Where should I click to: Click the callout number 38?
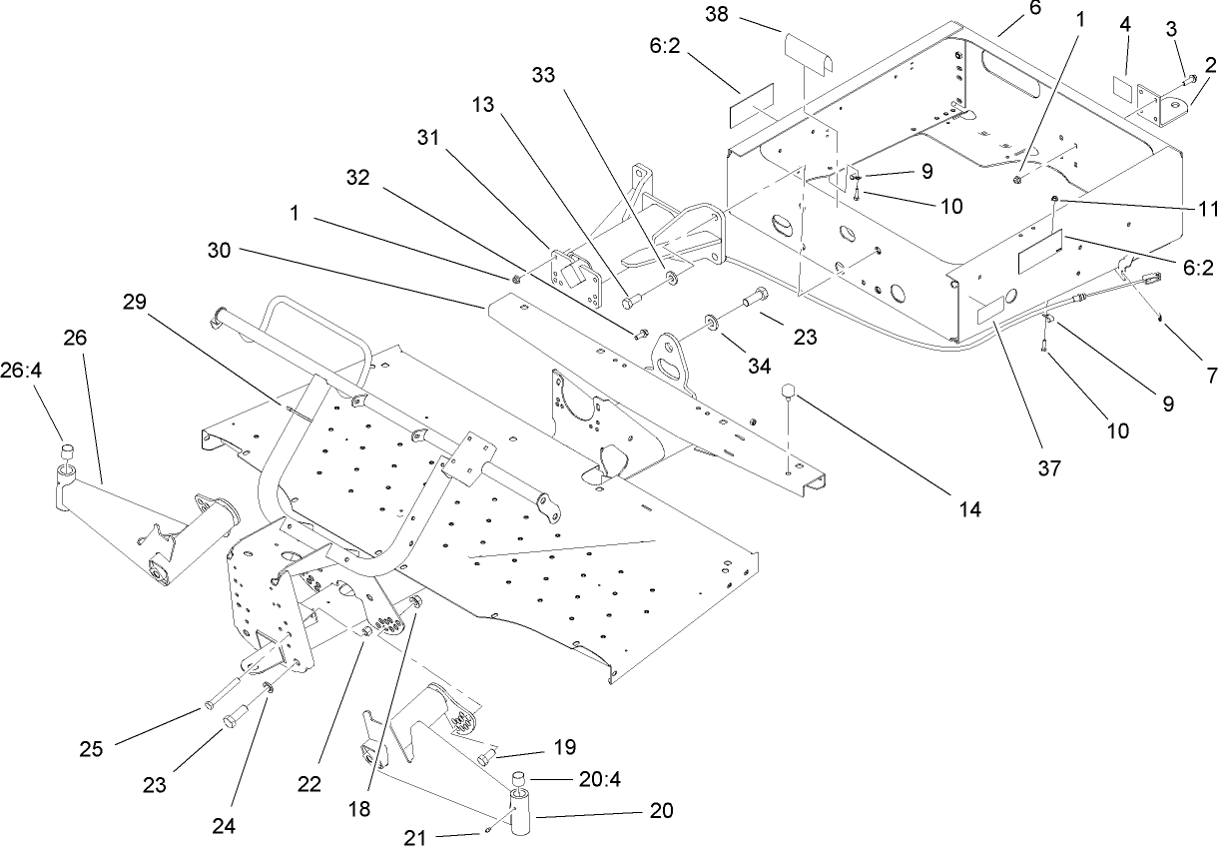click(x=744, y=15)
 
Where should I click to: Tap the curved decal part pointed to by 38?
click(x=810, y=49)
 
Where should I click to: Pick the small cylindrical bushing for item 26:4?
click(x=66, y=454)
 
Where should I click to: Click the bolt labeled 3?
click(x=1188, y=78)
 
